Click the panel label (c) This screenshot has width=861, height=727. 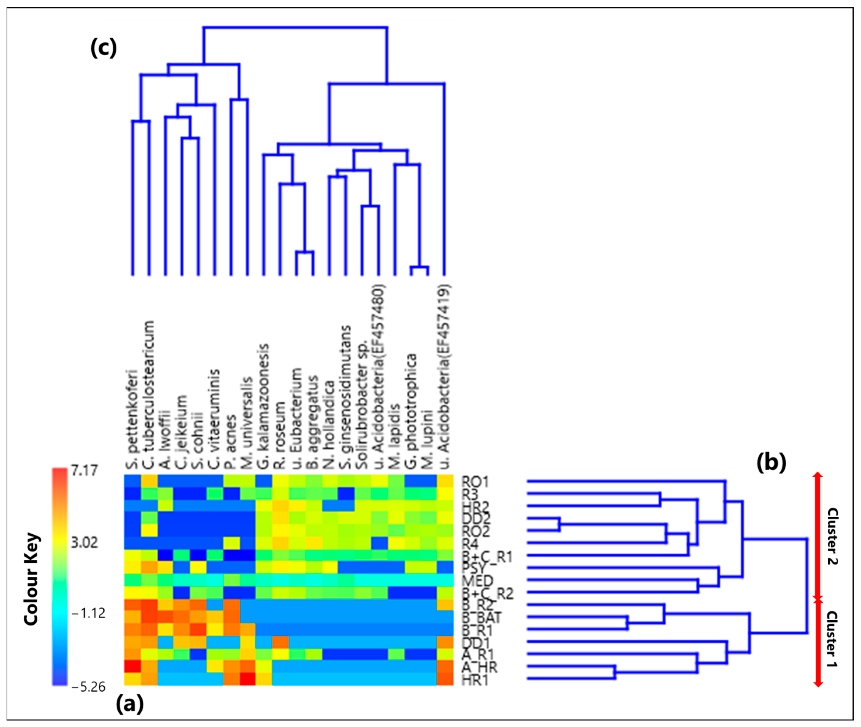[103, 48]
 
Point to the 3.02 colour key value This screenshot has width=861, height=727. [84, 542]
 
